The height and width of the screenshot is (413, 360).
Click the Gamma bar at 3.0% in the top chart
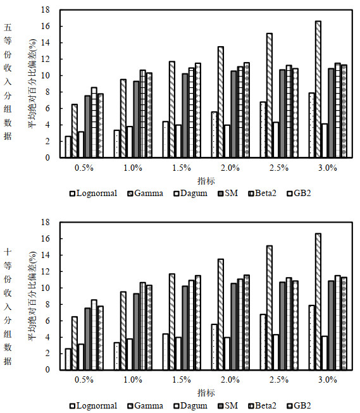(x=318, y=89)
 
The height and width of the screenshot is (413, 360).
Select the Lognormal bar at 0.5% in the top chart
(x=68, y=147)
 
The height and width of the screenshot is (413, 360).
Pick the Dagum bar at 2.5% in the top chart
(x=276, y=140)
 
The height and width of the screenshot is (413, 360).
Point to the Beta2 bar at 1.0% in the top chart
(x=143, y=114)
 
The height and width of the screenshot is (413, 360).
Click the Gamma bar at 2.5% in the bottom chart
(x=270, y=308)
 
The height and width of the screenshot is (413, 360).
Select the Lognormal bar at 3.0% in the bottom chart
(x=311, y=338)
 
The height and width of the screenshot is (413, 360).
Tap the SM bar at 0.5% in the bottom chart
(x=87, y=339)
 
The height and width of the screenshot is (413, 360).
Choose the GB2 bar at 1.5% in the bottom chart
(x=198, y=323)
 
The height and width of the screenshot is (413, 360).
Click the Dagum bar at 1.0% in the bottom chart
(x=130, y=355)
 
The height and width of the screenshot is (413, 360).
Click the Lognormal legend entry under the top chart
(x=93, y=194)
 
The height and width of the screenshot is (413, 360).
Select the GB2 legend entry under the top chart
(x=299, y=194)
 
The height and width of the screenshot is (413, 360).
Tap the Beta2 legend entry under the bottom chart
(x=262, y=405)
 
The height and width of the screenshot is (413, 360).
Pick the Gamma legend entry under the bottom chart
(x=146, y=405)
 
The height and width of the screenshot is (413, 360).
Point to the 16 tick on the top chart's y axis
(x=46, y=27)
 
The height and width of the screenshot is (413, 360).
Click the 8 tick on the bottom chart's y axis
(x=47, y=304)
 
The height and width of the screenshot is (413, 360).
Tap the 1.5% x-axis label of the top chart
(x=182, y=168)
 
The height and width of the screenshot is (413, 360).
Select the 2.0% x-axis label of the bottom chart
(x=230, y=380)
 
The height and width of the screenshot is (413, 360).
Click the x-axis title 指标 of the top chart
(x=206, y=181)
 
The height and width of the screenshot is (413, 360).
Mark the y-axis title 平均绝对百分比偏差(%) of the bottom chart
(x=33, y=296)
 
